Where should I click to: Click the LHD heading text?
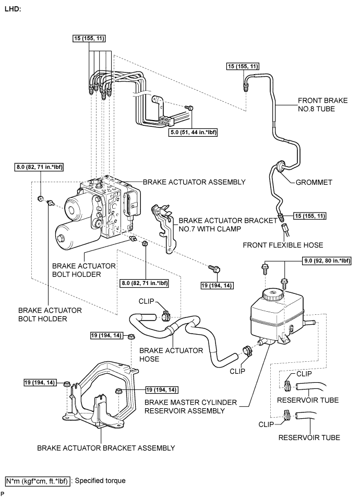[x=13, y=10]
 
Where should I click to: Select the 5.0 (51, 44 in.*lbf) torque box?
[x=193, y=133]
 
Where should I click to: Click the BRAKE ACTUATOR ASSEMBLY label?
[x=194, y=182]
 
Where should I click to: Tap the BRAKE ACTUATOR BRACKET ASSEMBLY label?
[x=106, y=447]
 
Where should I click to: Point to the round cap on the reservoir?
[x=273, y=293]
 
